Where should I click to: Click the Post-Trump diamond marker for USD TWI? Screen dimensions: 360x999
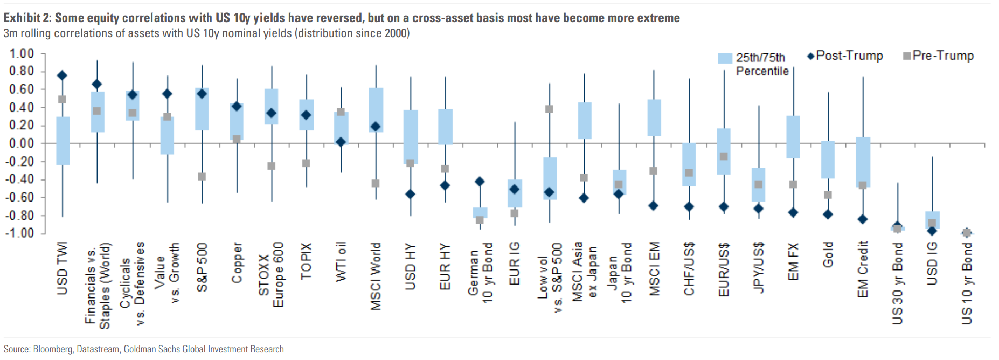[62, 75]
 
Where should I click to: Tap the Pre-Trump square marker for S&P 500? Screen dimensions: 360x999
[202, 177]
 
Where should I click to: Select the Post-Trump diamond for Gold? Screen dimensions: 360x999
[828, 214]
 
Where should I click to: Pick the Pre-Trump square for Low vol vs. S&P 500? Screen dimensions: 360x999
[549, 109]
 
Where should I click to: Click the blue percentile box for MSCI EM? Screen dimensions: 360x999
[654, 117]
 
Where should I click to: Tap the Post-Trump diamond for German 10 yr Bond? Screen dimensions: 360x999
[480, 182]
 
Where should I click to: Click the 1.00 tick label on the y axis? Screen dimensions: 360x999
[22, 53]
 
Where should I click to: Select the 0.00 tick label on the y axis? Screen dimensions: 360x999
[22, 143]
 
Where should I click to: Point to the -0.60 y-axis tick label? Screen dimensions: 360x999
[20, 197]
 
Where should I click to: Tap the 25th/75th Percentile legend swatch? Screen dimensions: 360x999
[725, 58]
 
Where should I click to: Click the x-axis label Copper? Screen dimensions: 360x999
[237, 262]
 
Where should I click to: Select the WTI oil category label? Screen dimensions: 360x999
[341, 261]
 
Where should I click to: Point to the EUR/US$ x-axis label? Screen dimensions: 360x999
[724, 269]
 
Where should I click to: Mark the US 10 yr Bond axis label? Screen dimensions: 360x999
[967, 283]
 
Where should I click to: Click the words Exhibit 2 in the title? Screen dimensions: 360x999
[27, 18]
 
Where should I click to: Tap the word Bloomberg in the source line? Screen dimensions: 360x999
[52, 349]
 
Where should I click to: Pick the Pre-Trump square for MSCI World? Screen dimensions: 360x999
[376, 184]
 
